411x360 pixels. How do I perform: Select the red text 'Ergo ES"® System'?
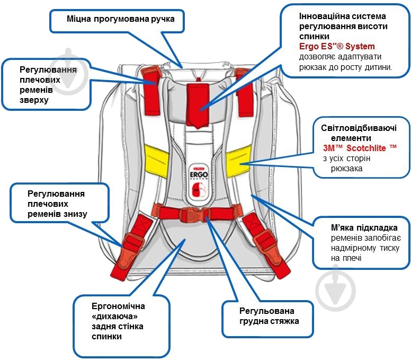(337, 46)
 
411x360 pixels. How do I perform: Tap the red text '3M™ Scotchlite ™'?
(359, 148)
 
